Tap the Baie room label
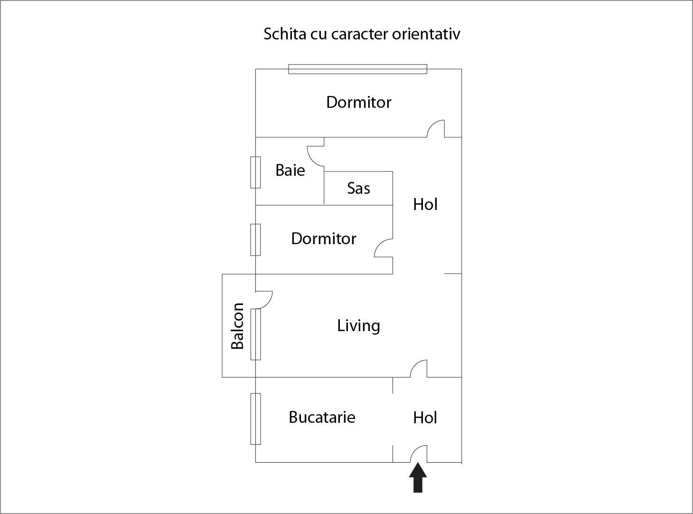click(290, 170)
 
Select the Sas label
click(358, 188)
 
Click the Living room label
click(358, 326)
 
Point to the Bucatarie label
click(322, 417)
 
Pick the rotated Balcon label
click(237, 326)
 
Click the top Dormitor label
click(358, 102)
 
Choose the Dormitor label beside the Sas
click(323, 238)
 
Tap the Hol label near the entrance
click(425, 418)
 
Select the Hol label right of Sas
click(425, 204)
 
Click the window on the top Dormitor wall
click(357, 69)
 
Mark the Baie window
click(255, 172)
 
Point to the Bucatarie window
click(255, 419)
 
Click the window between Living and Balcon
click(255, 334)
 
